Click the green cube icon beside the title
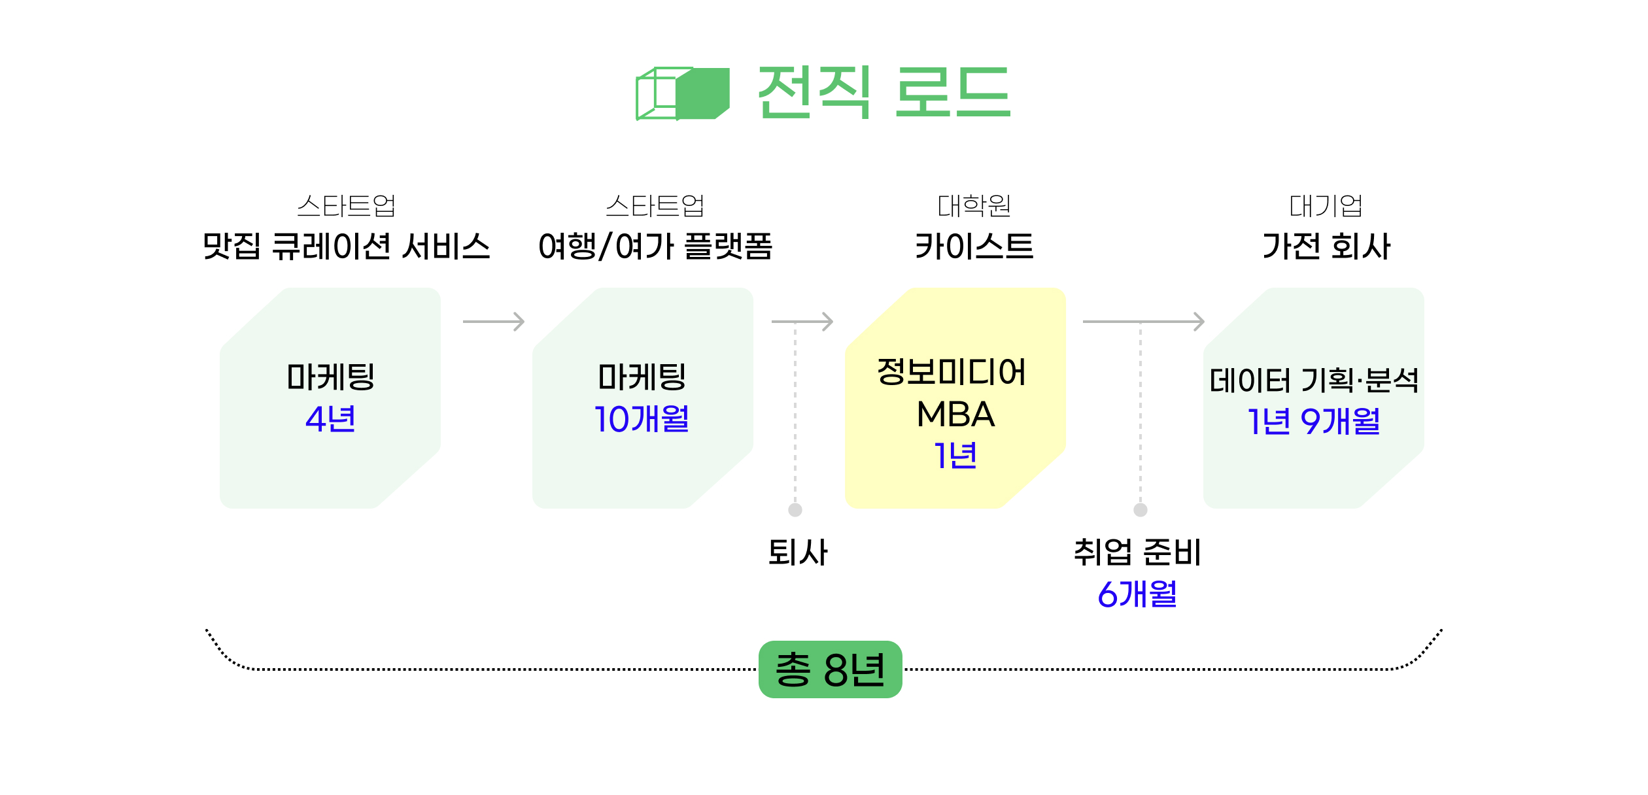683,93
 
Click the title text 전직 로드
884,92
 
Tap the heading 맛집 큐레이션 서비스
346,246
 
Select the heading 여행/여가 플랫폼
655,246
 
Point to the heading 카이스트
974,246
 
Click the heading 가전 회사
1326,246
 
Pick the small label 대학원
974,206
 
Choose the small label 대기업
1326,206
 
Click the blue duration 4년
330,419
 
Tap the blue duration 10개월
642,419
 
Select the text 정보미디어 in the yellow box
952,372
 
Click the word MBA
955,414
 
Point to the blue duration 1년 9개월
1314,421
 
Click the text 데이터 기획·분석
1314,381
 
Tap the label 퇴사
798,552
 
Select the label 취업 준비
1137,552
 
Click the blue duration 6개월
1137,594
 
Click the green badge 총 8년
830,669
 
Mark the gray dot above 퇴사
795,510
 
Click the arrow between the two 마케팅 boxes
494,322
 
